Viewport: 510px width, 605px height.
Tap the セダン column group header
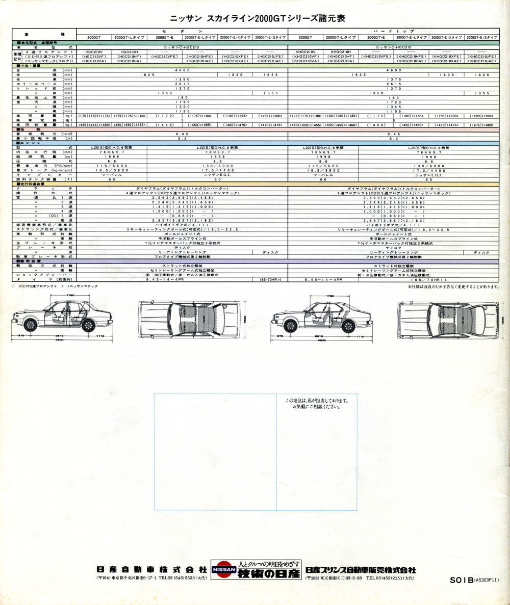(182, 31)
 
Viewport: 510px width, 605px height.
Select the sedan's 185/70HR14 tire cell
(270, 279)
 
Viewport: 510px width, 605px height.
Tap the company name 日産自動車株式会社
(151, 569)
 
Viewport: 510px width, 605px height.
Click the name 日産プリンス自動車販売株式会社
(361, 569)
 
